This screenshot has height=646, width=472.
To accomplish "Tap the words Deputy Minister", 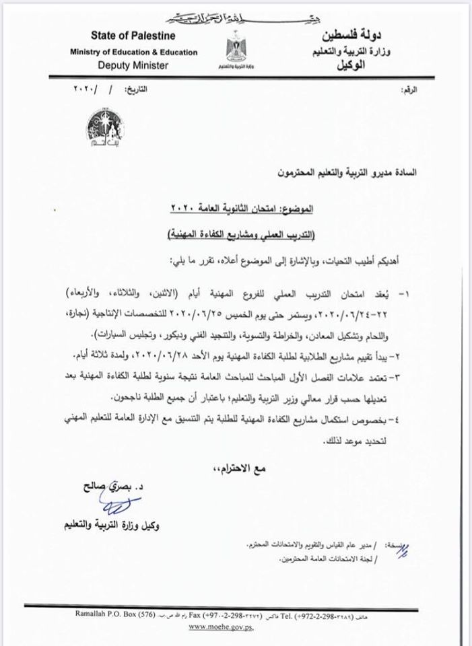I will tap(132, 65).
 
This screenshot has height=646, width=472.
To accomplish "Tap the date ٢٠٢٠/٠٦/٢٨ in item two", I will tap(179, 351).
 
